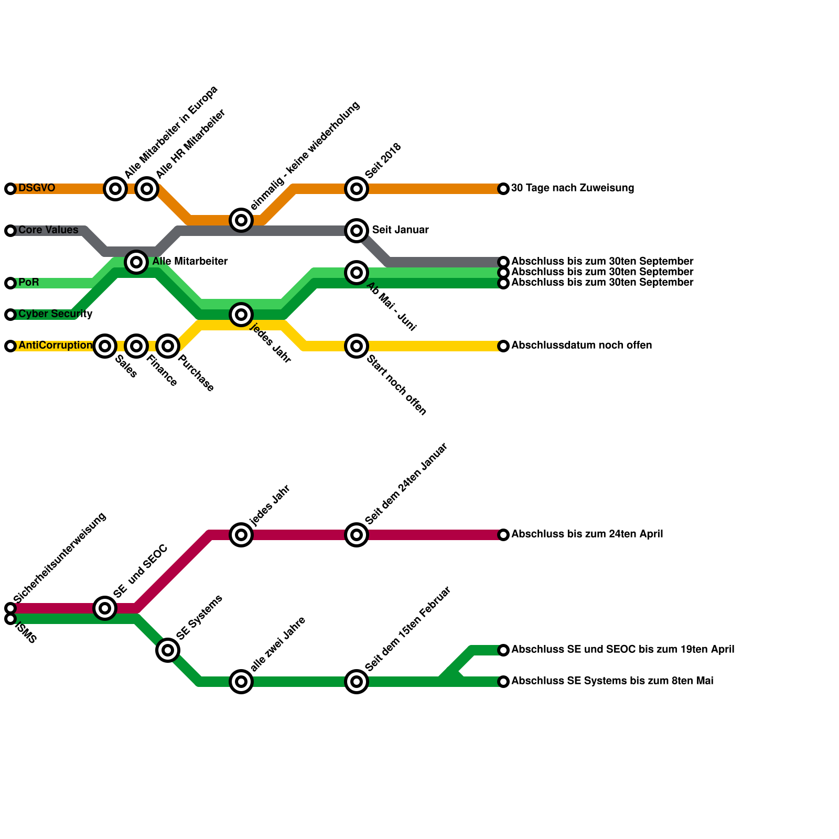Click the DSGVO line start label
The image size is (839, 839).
coord(36,188)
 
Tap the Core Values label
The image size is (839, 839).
coord(48,230)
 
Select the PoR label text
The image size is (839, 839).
coord(28,283)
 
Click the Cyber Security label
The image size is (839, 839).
coord(55,314)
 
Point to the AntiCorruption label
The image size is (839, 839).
coord(55,346)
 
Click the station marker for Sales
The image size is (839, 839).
coord(105,346)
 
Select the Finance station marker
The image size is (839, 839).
coord(136,346)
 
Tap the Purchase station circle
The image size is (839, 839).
coord(168,346)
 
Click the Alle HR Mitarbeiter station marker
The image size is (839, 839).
coord(147,189)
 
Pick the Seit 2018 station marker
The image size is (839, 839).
coord(357,189)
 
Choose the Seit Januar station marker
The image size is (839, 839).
coord(357,231)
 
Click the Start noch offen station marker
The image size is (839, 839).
coord(357,346)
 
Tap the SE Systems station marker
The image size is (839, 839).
coord(168,650)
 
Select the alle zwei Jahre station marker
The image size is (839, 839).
coord(241,682)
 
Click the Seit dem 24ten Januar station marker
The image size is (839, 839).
coord(357,535)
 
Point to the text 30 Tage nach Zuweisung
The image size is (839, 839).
coord(572,188)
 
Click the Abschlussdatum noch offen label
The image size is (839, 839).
coord(582,346)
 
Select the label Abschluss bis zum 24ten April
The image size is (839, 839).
coord(587,534)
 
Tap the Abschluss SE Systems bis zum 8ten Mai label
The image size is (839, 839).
coord(612,681)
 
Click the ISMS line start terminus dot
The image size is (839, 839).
coord(10,619)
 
